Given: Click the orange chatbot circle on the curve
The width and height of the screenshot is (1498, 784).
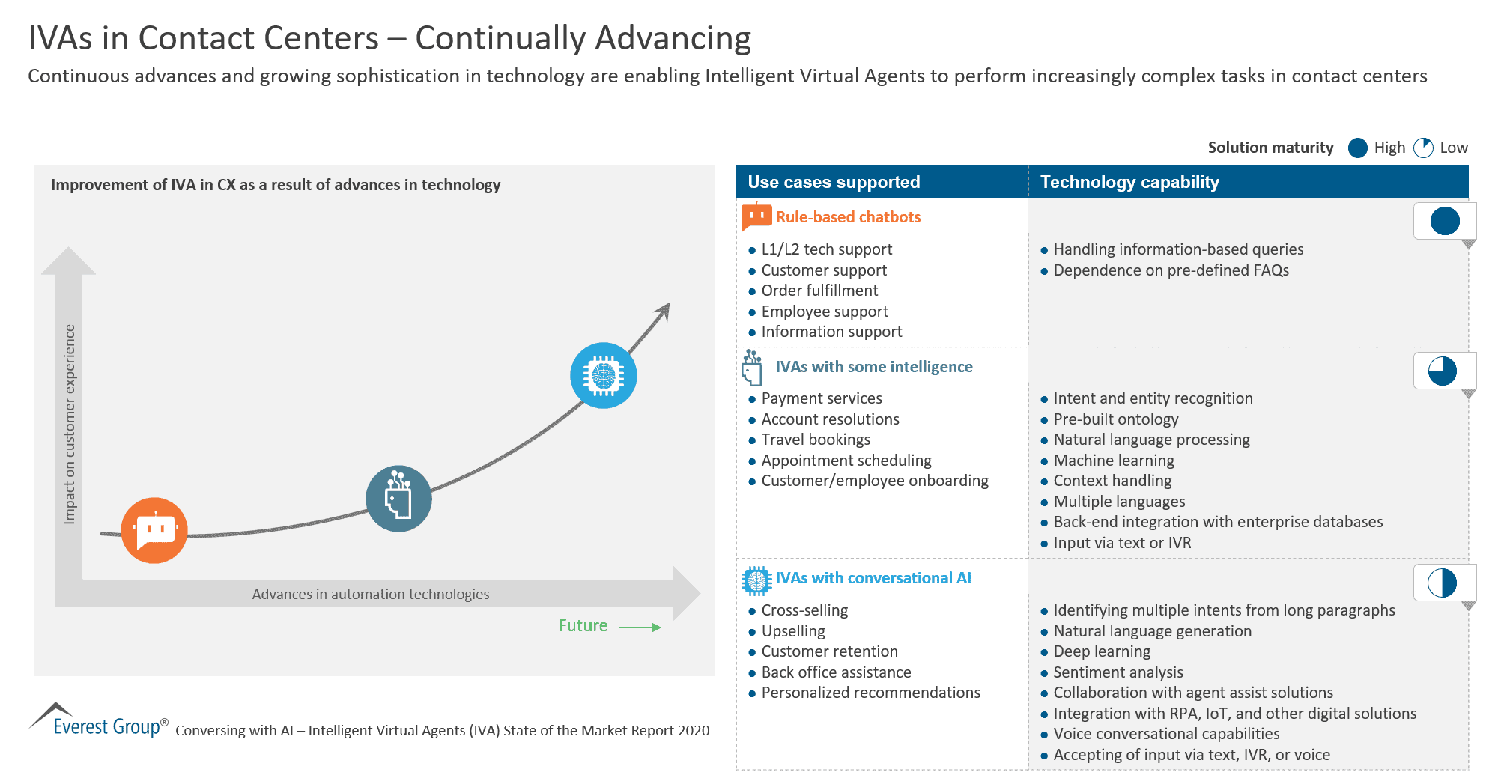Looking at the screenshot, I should point(154,530).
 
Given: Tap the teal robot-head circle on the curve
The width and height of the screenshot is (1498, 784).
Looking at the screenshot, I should point(398,499).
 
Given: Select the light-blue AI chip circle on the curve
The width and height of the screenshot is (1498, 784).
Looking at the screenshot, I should point(604,375).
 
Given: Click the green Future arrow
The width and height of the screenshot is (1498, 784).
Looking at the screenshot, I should point(640,627).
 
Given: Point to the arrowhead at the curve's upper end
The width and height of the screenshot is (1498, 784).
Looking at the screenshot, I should point(664,309).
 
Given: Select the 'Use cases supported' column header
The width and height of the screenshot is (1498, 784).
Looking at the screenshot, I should point(834,182).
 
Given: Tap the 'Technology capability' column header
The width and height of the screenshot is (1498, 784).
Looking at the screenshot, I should point(1129,182).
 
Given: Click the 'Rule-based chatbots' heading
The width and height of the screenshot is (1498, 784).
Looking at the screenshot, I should point(848,217).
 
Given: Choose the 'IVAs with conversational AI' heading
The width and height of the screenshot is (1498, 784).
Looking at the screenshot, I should point(873,578).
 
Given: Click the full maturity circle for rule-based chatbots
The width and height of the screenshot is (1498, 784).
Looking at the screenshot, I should point(1445,221).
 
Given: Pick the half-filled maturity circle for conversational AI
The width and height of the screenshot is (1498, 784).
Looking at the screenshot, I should point(1442,583).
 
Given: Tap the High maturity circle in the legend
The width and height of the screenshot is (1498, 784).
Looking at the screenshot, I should point(1358,148).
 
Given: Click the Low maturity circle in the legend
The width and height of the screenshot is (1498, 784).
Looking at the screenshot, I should point(1423,148).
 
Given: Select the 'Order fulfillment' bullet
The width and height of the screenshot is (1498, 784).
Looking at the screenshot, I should point(819,291).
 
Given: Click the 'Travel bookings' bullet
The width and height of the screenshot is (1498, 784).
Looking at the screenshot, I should point(816,440).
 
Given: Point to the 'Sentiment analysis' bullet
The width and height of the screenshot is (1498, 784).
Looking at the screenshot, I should point(1118,672).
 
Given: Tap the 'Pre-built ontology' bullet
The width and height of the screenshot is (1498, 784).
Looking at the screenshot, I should point(1116,419).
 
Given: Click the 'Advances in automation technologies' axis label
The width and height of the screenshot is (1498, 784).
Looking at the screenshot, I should point(371,595).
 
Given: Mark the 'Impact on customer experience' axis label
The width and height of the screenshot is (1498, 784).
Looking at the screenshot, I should point(70,424).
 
